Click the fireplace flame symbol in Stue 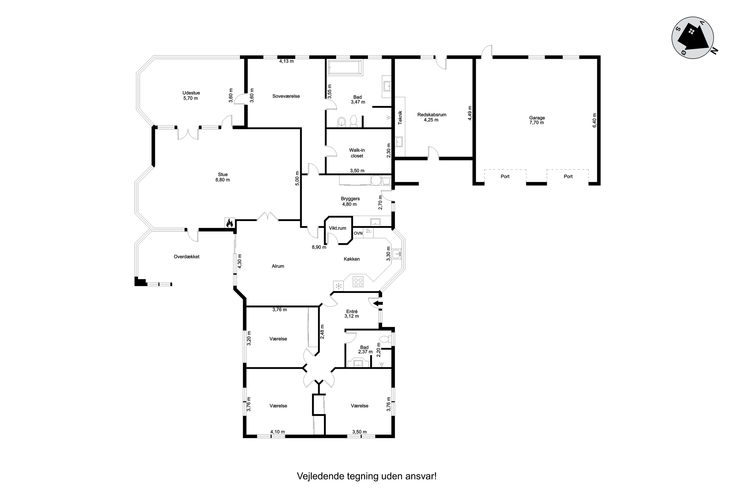pos(229,223)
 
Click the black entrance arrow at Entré pos(378,303)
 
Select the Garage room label pos(537,118)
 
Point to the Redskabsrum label pos(432,115)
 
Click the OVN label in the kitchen pos(358,233)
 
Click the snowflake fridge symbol pos(338,286)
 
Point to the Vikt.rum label pos(338,228)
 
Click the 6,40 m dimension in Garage pos(594,120)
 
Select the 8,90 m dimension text pos(319,247)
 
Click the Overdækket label pos(186,257)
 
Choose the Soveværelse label pos(286,96)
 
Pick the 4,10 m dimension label pos(277,432)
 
